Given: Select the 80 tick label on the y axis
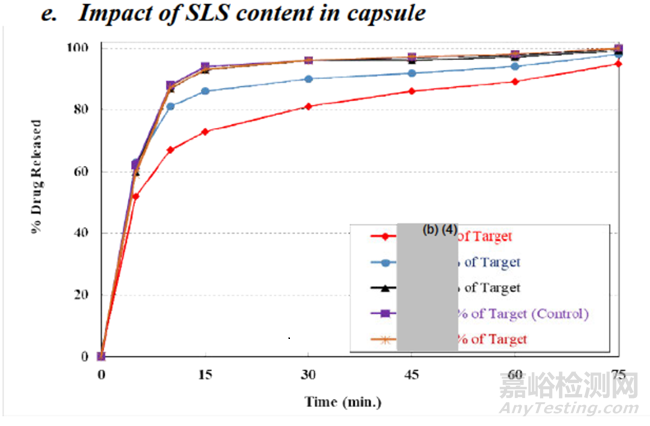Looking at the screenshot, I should (79, 110).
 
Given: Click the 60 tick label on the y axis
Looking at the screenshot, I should (79, 172).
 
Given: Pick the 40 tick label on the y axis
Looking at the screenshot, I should (79, 233).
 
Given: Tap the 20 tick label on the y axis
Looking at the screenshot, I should (79, 295).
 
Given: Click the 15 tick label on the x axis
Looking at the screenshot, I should (204, 374).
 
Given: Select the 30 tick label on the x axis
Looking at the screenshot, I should (308, 374).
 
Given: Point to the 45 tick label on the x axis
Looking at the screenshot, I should (411, 374).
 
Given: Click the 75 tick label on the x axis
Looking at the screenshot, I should (619, 374).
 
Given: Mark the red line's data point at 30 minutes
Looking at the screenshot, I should (308, 106).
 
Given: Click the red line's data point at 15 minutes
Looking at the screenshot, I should (204, 131).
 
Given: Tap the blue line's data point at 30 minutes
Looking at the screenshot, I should (308, 78).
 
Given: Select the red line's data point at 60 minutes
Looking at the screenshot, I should (515, 81).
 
